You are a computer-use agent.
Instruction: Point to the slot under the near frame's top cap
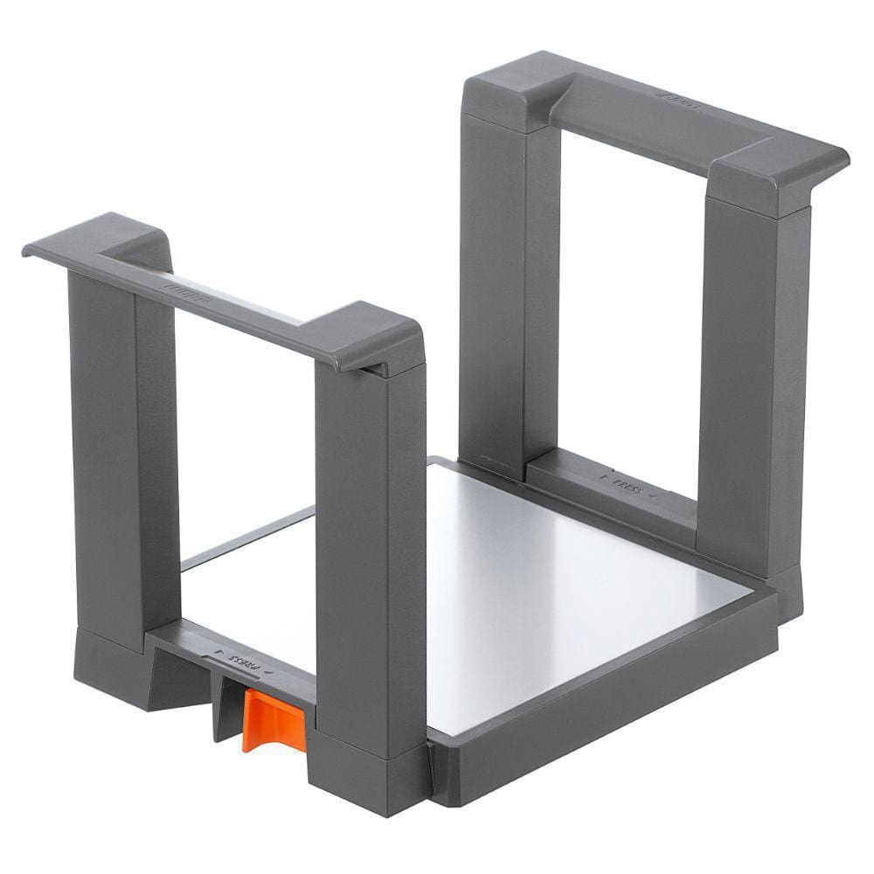point(374,372)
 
